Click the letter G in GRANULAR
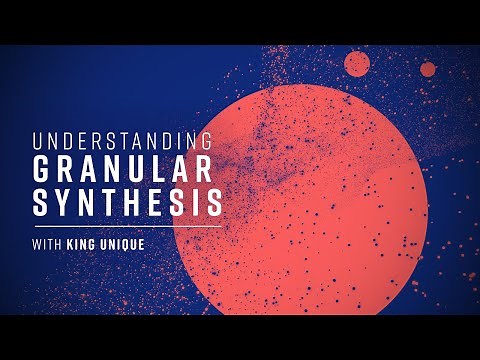(x=43, y=169)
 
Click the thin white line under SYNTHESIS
(x=125, y=226)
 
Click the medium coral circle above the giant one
(x=357, y=64)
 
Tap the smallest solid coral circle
(x=428, y=69)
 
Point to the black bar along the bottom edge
(x=240, y=337)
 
